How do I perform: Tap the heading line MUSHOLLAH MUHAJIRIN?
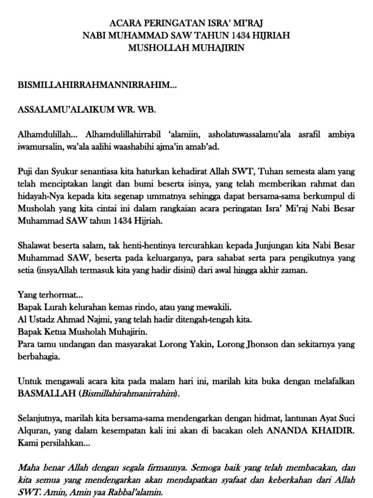pyautogui.click(x=186, y=48)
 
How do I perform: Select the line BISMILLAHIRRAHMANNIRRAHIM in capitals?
pyautogui.click(x=97, y=85)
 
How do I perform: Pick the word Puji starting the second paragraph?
pyautogui.click(x=25, y=172)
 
